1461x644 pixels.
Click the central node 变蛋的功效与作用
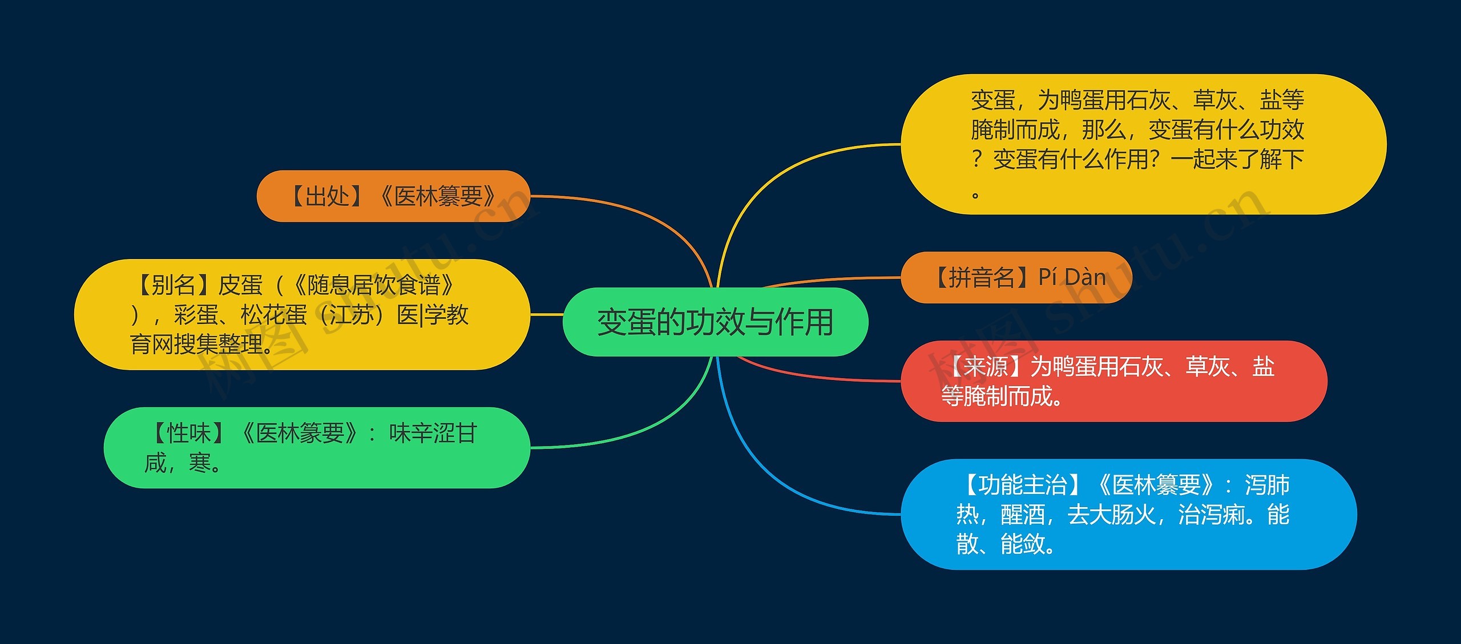715,322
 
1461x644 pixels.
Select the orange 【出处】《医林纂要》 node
393,196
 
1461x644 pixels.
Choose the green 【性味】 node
317,448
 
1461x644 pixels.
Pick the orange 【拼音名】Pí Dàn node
1016,278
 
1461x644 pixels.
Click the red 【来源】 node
1113,381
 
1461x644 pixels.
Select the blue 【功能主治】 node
1128,514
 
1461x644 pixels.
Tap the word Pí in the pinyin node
1048,278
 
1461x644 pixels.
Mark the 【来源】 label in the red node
988,367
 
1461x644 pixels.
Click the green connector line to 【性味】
628,434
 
